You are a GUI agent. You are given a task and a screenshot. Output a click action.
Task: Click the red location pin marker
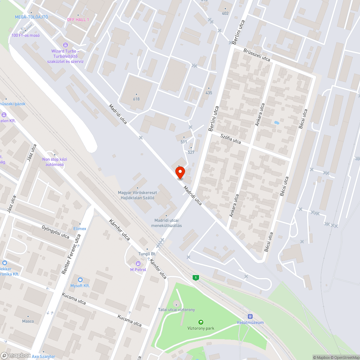(180, 172)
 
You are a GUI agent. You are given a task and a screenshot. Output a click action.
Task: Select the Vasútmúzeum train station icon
(250, 316)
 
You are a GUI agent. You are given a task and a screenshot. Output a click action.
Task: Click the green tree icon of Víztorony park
(201, 322)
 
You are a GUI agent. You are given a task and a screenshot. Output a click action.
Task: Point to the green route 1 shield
(195, 278)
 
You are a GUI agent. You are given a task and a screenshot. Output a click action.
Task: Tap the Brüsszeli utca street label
(257, 54)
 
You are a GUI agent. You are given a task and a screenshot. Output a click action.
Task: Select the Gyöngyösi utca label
(55, 232)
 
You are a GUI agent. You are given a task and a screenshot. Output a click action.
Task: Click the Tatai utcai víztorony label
(176, 310)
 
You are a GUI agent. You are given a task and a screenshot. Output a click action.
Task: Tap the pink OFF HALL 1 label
(78, 19)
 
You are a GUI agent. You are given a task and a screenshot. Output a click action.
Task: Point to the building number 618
(136, 99)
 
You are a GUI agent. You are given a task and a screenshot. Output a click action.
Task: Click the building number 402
(225, 13)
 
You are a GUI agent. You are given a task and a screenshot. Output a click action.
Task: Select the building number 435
(209, 93)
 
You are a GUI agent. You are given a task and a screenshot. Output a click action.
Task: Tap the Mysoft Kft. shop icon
(80, 280)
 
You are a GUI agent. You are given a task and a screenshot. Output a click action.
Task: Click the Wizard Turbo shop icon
(66, 45)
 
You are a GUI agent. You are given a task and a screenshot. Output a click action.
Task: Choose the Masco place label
(28, 321)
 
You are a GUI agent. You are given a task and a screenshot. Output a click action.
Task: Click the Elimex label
(80, 229)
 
